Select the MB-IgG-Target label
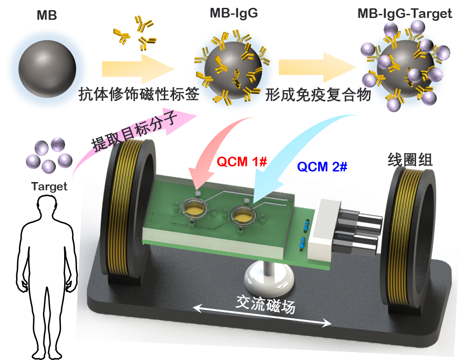404,13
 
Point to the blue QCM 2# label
322,166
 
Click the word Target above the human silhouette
49,186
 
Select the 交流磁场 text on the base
265,304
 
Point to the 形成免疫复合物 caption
319,94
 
